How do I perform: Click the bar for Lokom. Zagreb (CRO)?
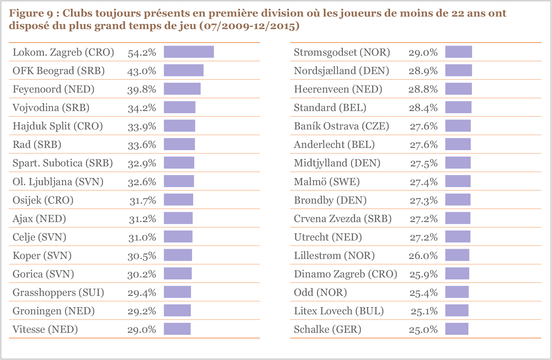(x=189, y=52)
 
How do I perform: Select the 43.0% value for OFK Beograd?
(x=142, y=71)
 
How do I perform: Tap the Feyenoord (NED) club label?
(x=53, y=89)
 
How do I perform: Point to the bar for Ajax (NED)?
(x=178, y=218)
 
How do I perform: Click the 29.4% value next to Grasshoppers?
(x=142, y=292)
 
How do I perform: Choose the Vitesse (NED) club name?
(x=45, y=329)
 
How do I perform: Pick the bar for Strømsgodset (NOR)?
(x=459, y=52)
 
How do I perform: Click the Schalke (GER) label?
(x=327, y=329)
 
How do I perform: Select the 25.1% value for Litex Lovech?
(x=424, y=311)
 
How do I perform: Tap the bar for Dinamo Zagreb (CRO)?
(x=457, y=274)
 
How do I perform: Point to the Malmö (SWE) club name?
(x=327, y=181)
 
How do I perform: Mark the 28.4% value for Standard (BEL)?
(x=423, y=108)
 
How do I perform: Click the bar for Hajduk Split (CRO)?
(x=179, y=126)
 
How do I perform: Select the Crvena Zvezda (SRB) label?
(x=343, y=218)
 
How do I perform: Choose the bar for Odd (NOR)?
(x=457, y=292)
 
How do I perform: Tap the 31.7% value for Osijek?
(x=143, y=200)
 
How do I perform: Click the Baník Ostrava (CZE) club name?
(x=341, y=126)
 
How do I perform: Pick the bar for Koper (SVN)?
(x=178, y=255)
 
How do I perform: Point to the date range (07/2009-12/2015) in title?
(x=249, y=26)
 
